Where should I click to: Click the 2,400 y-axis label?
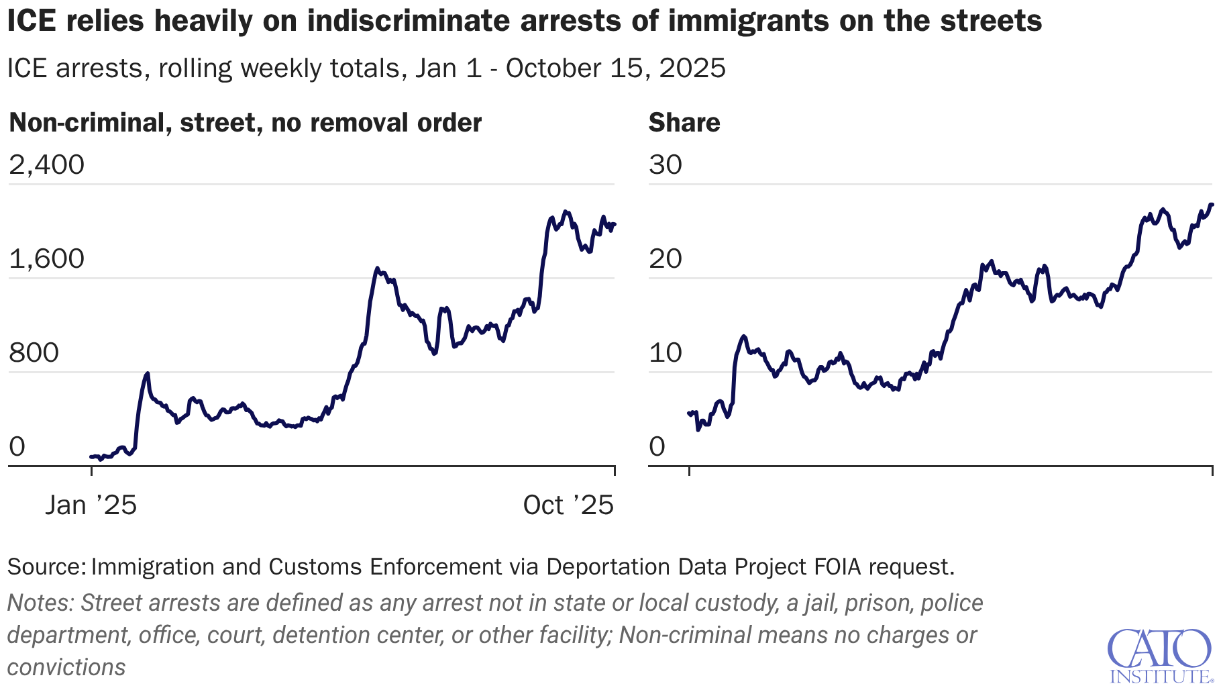click(x=46, y=164)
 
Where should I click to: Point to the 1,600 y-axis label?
click(x=46, y=258)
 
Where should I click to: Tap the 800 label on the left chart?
click(x=34, y=352)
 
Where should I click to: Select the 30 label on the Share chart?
click(x=665, y=164)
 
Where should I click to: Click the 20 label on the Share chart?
click(x=665, y=258)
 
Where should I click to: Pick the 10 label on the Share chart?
click(x=665, y=352)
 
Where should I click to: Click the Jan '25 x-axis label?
click(x=91, y=505)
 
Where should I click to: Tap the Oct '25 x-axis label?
click(x=568, y=505)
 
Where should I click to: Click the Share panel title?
click(x=684, y=123)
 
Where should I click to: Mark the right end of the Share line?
click(x=1212, y=204)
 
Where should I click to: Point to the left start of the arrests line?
click(x=91, y=456)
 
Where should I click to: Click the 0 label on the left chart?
click(x=17, y=446)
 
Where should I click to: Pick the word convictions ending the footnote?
click(x=66, y=667)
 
